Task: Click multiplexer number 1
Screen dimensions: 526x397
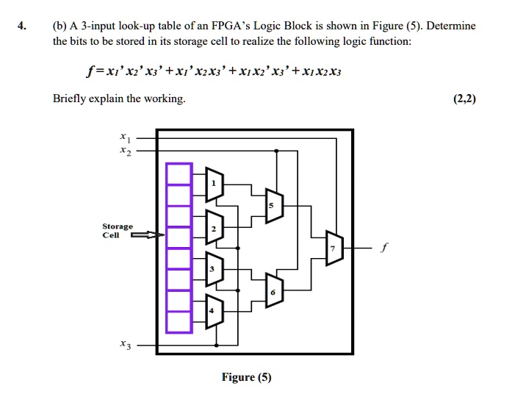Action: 214,185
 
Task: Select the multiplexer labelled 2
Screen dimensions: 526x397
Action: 214,227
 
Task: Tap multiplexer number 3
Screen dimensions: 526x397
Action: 214,269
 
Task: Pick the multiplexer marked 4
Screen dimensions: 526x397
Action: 214,311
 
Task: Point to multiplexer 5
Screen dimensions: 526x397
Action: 275,206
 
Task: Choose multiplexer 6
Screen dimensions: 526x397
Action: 275,290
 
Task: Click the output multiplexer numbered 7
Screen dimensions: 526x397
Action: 334,248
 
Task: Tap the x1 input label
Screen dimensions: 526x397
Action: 126,137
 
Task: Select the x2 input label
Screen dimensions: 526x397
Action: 126,151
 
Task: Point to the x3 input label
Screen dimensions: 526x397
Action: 126,344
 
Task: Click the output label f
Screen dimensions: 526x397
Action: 384,248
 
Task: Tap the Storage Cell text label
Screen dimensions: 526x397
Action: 118,231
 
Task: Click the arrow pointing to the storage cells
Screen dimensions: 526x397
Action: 148,235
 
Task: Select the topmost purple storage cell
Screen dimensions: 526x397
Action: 179,174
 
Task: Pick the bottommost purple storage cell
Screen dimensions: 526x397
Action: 179,322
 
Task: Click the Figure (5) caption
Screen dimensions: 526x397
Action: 247,377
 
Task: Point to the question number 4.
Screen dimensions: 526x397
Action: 22,26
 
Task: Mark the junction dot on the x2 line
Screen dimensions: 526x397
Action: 276,151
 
